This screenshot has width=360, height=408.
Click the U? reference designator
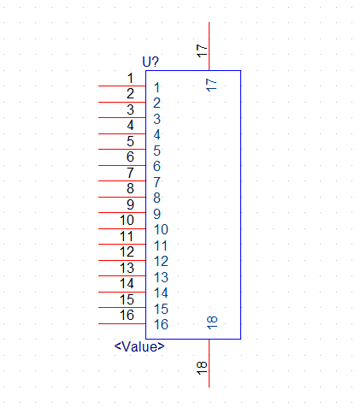click(150, 62)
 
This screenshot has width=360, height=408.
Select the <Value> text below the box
click(139, 346)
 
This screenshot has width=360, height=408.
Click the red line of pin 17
click(210, 46)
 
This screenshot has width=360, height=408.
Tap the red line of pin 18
click(210, 364)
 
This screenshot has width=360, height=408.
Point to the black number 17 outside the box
click(202, 50)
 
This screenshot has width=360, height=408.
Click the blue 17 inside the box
click(211, 86)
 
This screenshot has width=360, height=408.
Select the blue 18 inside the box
click(212, 322)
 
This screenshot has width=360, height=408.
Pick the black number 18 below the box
click(202, 368)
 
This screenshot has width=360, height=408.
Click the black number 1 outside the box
click(130, 78)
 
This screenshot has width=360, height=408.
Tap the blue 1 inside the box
click(156, 87)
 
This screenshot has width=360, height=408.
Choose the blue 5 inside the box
click(156, 151)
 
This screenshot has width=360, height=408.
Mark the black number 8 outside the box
click(130, 188)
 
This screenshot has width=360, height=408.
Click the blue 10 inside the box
click(161, 229)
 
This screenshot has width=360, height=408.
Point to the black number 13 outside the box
click(127, 268)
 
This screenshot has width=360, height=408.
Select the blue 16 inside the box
click(161, 324)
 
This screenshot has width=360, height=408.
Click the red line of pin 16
click(122, 323)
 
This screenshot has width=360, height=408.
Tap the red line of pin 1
click(122, 86)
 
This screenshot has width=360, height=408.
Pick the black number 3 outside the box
click(130, 109)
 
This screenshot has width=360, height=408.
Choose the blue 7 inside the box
click(156, 182)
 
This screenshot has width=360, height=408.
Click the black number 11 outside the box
click(127, 236)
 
